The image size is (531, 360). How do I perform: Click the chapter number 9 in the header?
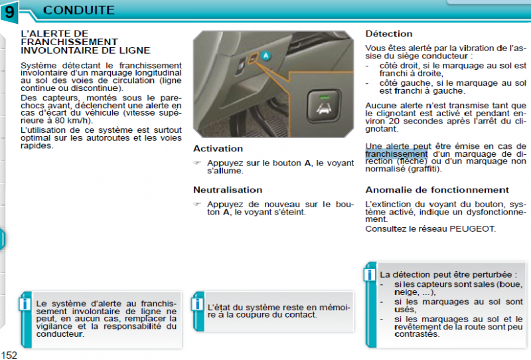click(10, 11)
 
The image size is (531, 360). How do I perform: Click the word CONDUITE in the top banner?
click(78, 10)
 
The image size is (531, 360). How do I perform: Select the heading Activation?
click(218, 148)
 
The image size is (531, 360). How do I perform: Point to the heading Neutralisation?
click(227, 189)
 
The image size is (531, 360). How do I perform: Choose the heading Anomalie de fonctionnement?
click(437, 189)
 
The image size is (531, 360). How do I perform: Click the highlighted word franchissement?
click(396, 153)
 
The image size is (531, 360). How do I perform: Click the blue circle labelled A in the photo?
click(266, 56)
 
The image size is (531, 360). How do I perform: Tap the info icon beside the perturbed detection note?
click(369, 274)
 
